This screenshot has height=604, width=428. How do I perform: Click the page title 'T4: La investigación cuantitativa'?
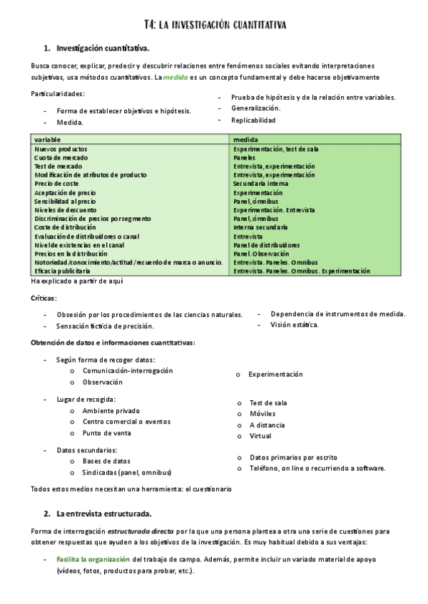(214, 25)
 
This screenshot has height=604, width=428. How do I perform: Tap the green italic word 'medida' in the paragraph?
(175, 77)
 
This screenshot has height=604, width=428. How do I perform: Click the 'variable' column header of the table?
(47, 140)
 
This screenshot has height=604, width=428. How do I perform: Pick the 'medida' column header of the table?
(245, 140)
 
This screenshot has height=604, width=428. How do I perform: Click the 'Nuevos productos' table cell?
(61, 149)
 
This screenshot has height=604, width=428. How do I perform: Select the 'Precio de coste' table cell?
(56, 184)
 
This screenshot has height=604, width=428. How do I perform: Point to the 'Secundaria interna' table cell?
(260, 184)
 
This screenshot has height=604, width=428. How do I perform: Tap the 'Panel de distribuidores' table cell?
(267, 245)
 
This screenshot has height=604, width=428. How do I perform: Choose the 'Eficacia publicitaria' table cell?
(63, 271)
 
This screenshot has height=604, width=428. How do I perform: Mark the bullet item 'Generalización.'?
(255, 108)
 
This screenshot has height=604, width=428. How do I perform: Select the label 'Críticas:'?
(44, 297)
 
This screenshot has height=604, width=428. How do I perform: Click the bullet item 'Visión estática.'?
(295, 325)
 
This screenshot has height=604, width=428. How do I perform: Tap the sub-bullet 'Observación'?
(103, 382)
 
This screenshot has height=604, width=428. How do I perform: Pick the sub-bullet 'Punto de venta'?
(107, 433)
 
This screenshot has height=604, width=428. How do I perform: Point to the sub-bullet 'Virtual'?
(260, 436)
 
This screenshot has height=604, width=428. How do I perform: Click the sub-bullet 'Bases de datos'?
(106, 461)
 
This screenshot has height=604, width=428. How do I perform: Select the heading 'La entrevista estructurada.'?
(103, 513)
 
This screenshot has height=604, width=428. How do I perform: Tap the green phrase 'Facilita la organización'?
(93, 560)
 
